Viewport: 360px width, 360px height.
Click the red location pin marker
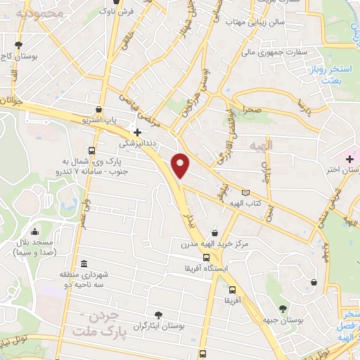(181, 165)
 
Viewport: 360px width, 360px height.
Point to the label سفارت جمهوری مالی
(269, 52)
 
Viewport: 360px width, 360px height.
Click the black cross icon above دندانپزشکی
(137, 131)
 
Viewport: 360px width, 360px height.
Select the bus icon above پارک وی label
(92, 150)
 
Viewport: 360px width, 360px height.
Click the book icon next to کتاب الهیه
(245, 193)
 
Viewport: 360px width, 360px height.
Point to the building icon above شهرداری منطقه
(84, 264)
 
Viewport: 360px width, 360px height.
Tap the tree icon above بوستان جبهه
(283, 309)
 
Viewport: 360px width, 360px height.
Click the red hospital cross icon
(349, 159)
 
